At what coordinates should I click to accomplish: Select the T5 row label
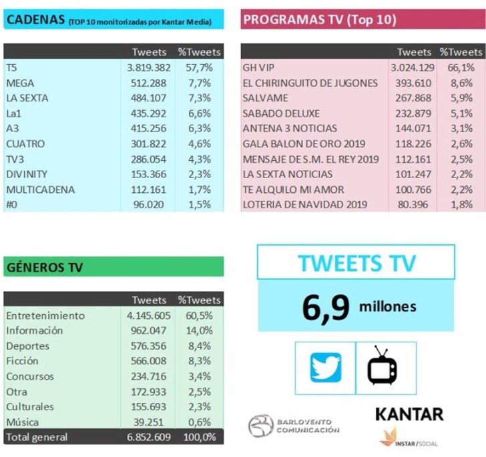tap(11, 67)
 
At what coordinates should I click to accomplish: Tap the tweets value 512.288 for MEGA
tap(149, 83)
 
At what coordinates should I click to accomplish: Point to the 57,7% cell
tap(198, 67)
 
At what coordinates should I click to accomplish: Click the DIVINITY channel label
tap(26, 174)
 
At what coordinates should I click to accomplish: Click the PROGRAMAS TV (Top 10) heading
tap(320, 20)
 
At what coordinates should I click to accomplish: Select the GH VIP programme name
tap(260, 67)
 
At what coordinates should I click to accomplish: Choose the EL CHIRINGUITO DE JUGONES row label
tap(310, 83)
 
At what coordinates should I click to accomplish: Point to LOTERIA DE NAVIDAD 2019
tap(305, 205)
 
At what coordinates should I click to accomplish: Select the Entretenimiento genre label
tap(45, 315)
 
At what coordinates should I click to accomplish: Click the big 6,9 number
tap(325, 308)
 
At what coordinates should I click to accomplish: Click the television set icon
tap(383, 366)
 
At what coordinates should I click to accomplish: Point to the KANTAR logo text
tap(409, 414)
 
